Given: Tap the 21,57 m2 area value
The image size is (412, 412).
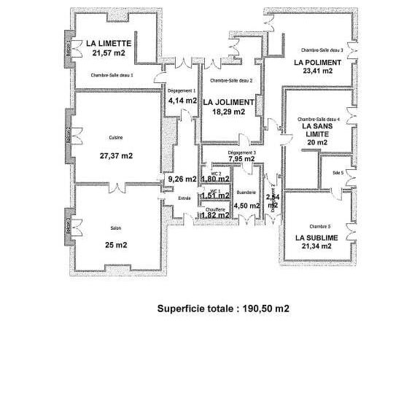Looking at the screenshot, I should pos(108,53).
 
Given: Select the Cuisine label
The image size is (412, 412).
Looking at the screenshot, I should pos(115,138).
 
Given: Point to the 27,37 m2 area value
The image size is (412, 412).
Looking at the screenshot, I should pos(116,155).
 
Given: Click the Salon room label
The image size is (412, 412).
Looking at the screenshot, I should pos(115,228).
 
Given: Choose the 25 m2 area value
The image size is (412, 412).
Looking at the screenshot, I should pos(115,245).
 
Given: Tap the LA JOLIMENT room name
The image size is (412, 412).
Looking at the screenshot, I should pos(228,102).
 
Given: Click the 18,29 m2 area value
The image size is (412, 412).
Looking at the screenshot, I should pos(228,112).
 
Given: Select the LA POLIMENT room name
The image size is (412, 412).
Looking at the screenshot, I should pos(318,63).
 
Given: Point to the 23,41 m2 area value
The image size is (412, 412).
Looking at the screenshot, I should pos(318,71).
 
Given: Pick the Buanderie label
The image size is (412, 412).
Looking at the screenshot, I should pos(246,193).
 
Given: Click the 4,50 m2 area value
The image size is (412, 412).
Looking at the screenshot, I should pos(246,206).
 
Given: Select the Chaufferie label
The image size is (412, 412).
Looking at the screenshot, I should pos(214,209).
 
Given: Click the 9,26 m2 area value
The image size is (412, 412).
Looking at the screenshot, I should pos(182,179).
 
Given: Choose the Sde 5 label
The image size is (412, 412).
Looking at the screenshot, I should pos(338,173).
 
